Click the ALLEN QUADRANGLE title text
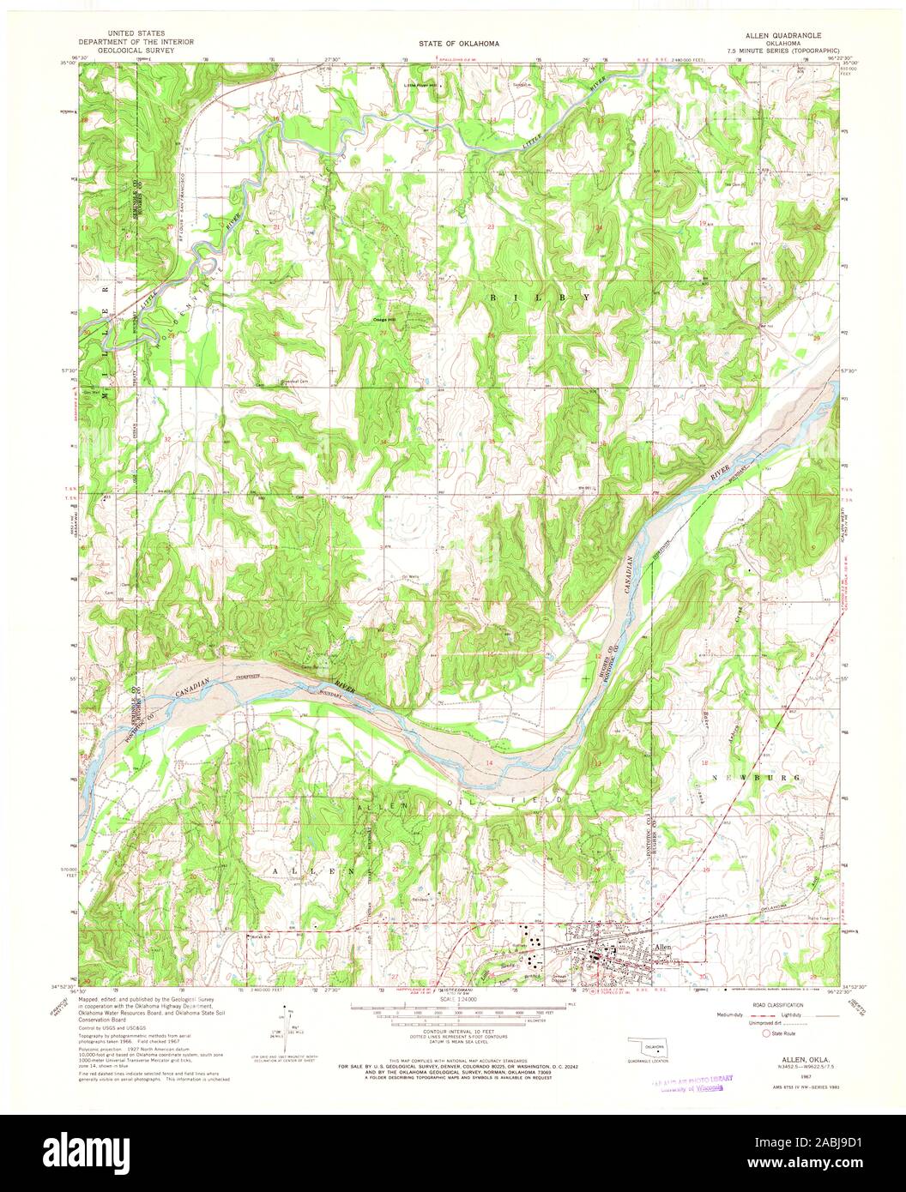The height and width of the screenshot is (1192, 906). [x=783, y=36]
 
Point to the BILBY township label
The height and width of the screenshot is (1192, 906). [x=540, y=296]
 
